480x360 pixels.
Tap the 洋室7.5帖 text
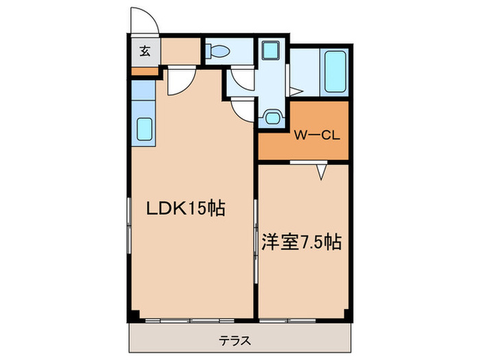click(302, 242)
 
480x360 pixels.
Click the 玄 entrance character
click(145, 50)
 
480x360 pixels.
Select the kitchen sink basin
click(145, 128)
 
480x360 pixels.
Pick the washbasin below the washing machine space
click(272, 118)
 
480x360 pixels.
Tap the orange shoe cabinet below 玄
click(145, 71)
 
